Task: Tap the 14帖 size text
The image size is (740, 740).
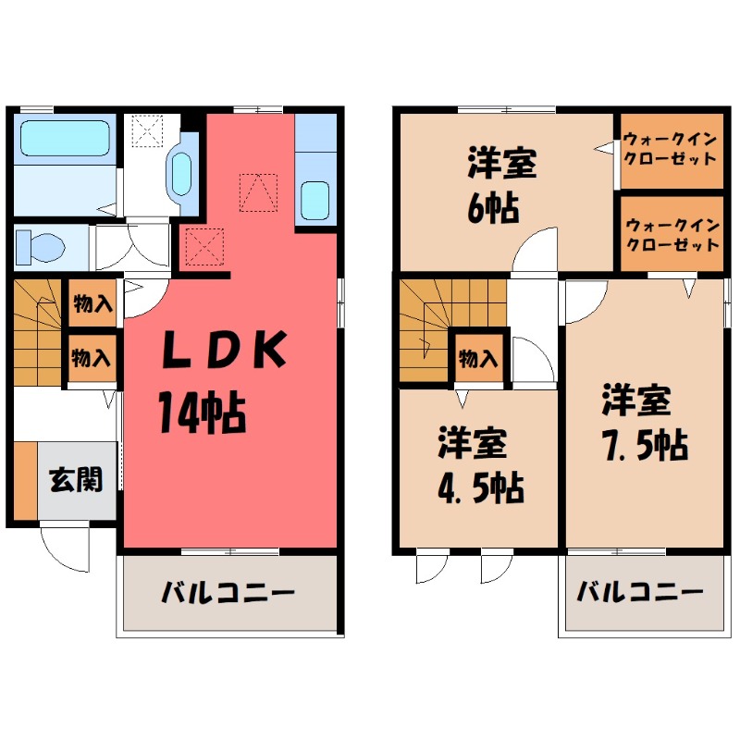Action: pos(201,412)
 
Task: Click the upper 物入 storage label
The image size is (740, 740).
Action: pos(93,303)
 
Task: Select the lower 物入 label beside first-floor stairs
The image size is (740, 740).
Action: pos(93,355)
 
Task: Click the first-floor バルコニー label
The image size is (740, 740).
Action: pos(228,591)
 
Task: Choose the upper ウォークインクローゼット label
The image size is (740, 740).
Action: pos(670,149)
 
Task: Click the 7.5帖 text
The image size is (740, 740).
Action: pos(644,446)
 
